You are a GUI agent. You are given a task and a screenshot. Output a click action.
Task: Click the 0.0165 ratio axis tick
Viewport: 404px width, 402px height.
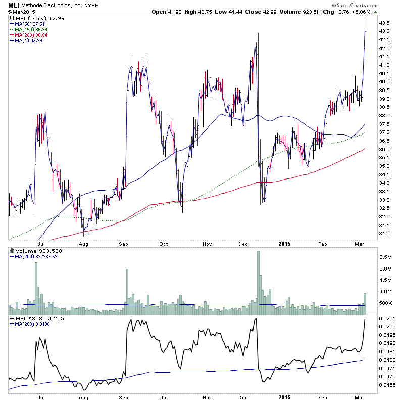pyautogui.click(x=389, y=385)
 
